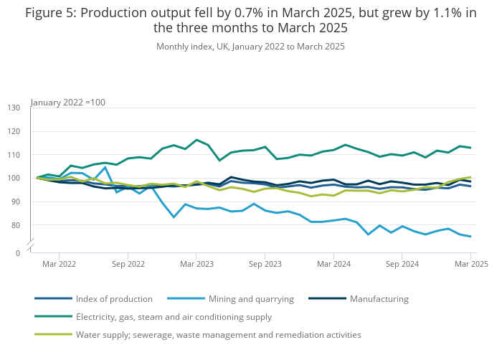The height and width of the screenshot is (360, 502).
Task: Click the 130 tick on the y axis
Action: pos(14,108)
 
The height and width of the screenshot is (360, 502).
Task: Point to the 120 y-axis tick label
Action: pos(14,131)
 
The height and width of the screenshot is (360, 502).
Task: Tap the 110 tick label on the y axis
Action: pos(14,155)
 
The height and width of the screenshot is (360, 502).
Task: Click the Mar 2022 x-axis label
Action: pos(59,264)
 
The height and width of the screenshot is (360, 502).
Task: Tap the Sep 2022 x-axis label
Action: pos(128,264)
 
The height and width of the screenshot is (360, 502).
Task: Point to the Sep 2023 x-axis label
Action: pos(265,264)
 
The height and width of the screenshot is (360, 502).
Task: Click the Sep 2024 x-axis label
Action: pos(402,264)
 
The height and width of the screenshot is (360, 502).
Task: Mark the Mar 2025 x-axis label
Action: pos(471,264)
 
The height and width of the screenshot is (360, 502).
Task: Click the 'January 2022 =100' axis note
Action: pos(68,102)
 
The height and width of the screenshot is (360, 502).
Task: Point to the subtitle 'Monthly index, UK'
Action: pos(250,47)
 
